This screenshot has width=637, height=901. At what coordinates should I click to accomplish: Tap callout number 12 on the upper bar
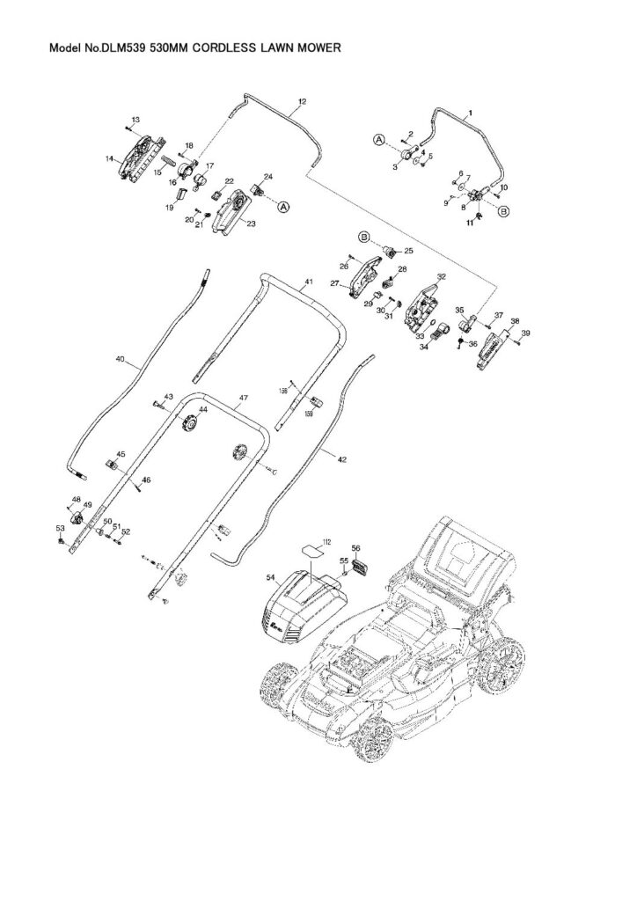(301, 103)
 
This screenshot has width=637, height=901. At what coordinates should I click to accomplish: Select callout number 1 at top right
(470, 114)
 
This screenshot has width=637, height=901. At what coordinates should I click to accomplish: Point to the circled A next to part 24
(284, 206)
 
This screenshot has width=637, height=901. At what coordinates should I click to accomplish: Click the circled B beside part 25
(363, 237)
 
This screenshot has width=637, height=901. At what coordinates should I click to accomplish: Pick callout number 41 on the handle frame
(308, 284)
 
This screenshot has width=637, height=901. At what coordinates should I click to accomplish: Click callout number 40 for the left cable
(121, 359)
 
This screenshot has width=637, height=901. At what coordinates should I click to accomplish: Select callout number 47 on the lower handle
(243, 399)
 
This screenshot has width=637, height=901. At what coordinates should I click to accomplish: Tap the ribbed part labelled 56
(357, 570)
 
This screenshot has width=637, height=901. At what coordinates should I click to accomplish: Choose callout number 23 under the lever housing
(251, 223)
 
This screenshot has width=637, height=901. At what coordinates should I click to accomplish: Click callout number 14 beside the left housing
(110, 159)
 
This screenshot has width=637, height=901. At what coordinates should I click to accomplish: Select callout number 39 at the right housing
(526, 333)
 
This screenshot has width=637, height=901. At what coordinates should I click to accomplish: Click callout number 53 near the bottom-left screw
(59, 528)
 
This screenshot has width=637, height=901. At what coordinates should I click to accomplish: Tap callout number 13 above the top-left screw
(135, 119)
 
